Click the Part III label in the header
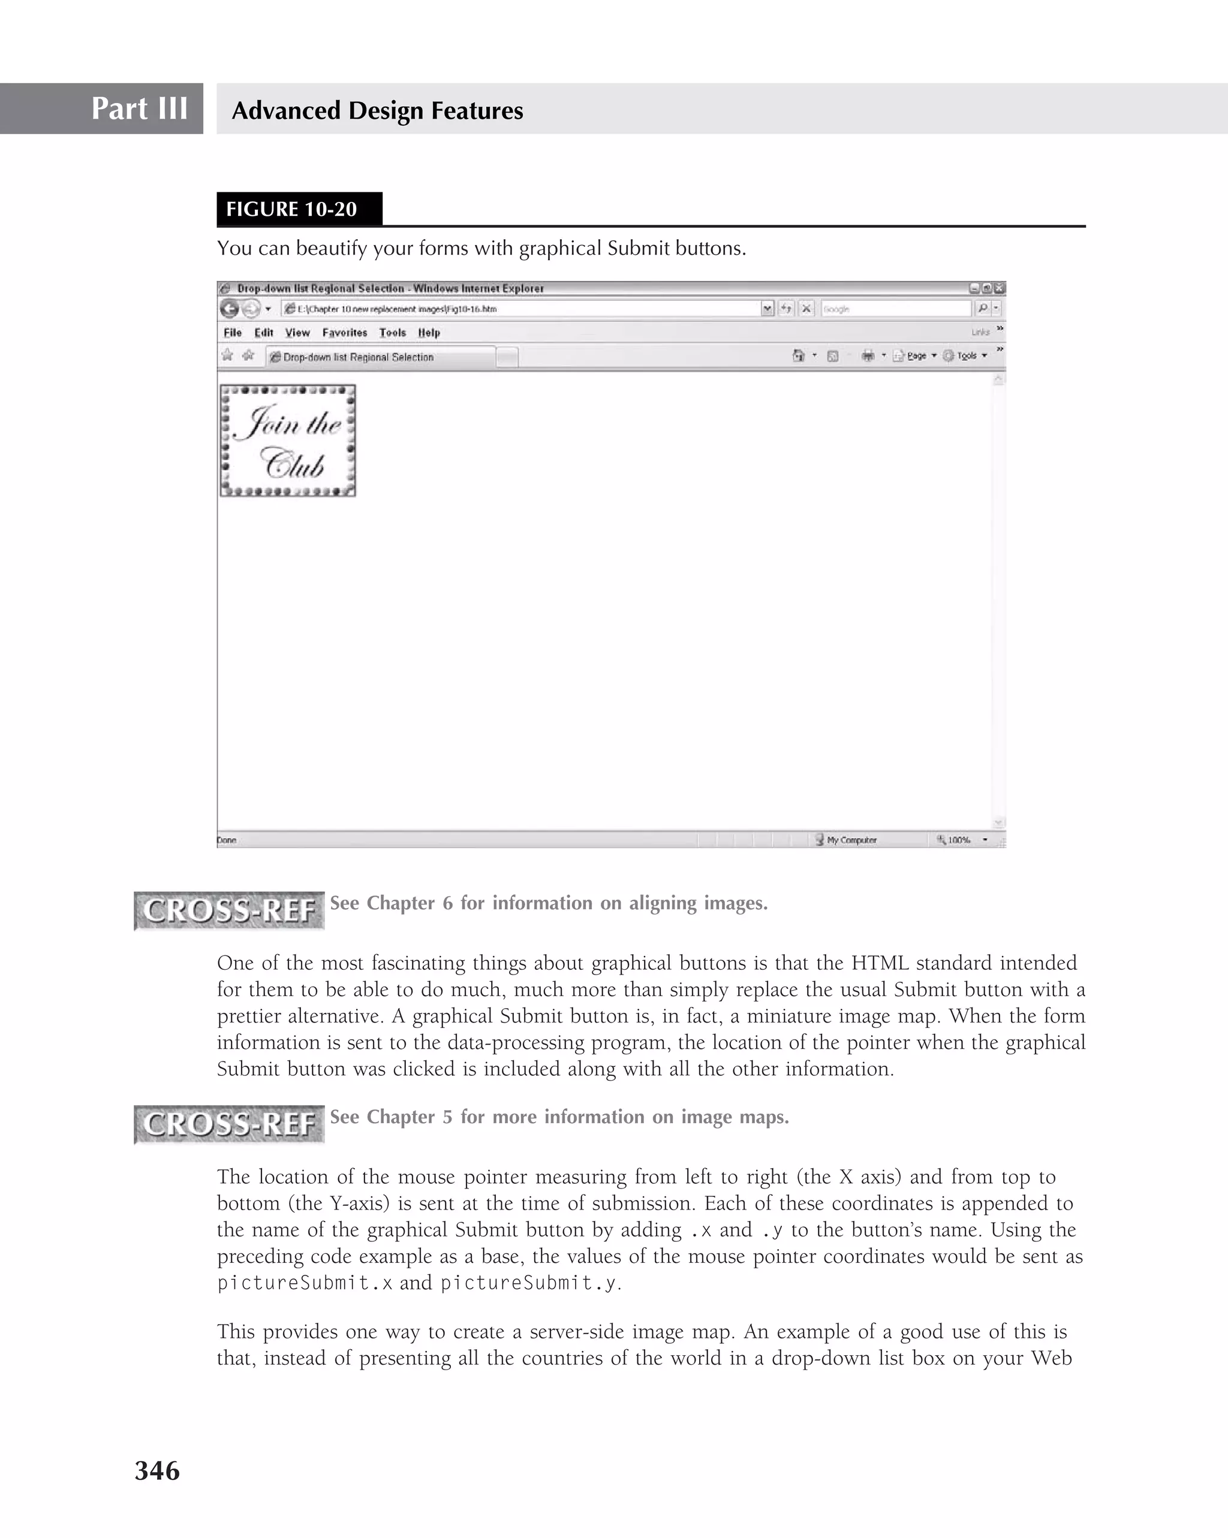(139, 108)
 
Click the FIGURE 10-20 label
(291, 209)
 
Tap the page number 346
(157, 1470)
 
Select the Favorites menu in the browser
(344, 333)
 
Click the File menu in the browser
(233, 333)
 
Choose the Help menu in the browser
(429, 333)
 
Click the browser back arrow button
(229, 309)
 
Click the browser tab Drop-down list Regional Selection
(358, 357)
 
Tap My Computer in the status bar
(850, 840)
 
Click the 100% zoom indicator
(958, 840)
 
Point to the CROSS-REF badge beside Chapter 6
(229, 910)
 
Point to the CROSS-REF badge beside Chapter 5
(229, 1124)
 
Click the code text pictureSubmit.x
(305, 1283)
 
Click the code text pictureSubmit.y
(528, 1283)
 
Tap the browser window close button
(999, 288)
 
